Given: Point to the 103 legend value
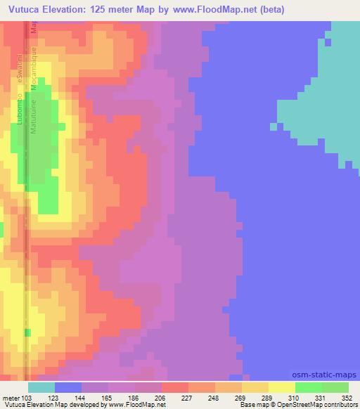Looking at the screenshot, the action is pyautogui.click(x=25, y=398).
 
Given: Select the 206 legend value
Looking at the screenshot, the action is pyautogui.click(x=160, y=398).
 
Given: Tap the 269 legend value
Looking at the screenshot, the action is pyautogui.click(x=240, y=398).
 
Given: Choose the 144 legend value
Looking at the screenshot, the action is pyautogui.click(x=81, y=398).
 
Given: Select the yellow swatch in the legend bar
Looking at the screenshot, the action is pyautogui.click(x=281, y=388).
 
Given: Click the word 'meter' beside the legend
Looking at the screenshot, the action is pyautogui.click(x=11, y=398).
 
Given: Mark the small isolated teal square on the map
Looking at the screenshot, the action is pyautogui.click(x=273, y=126).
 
